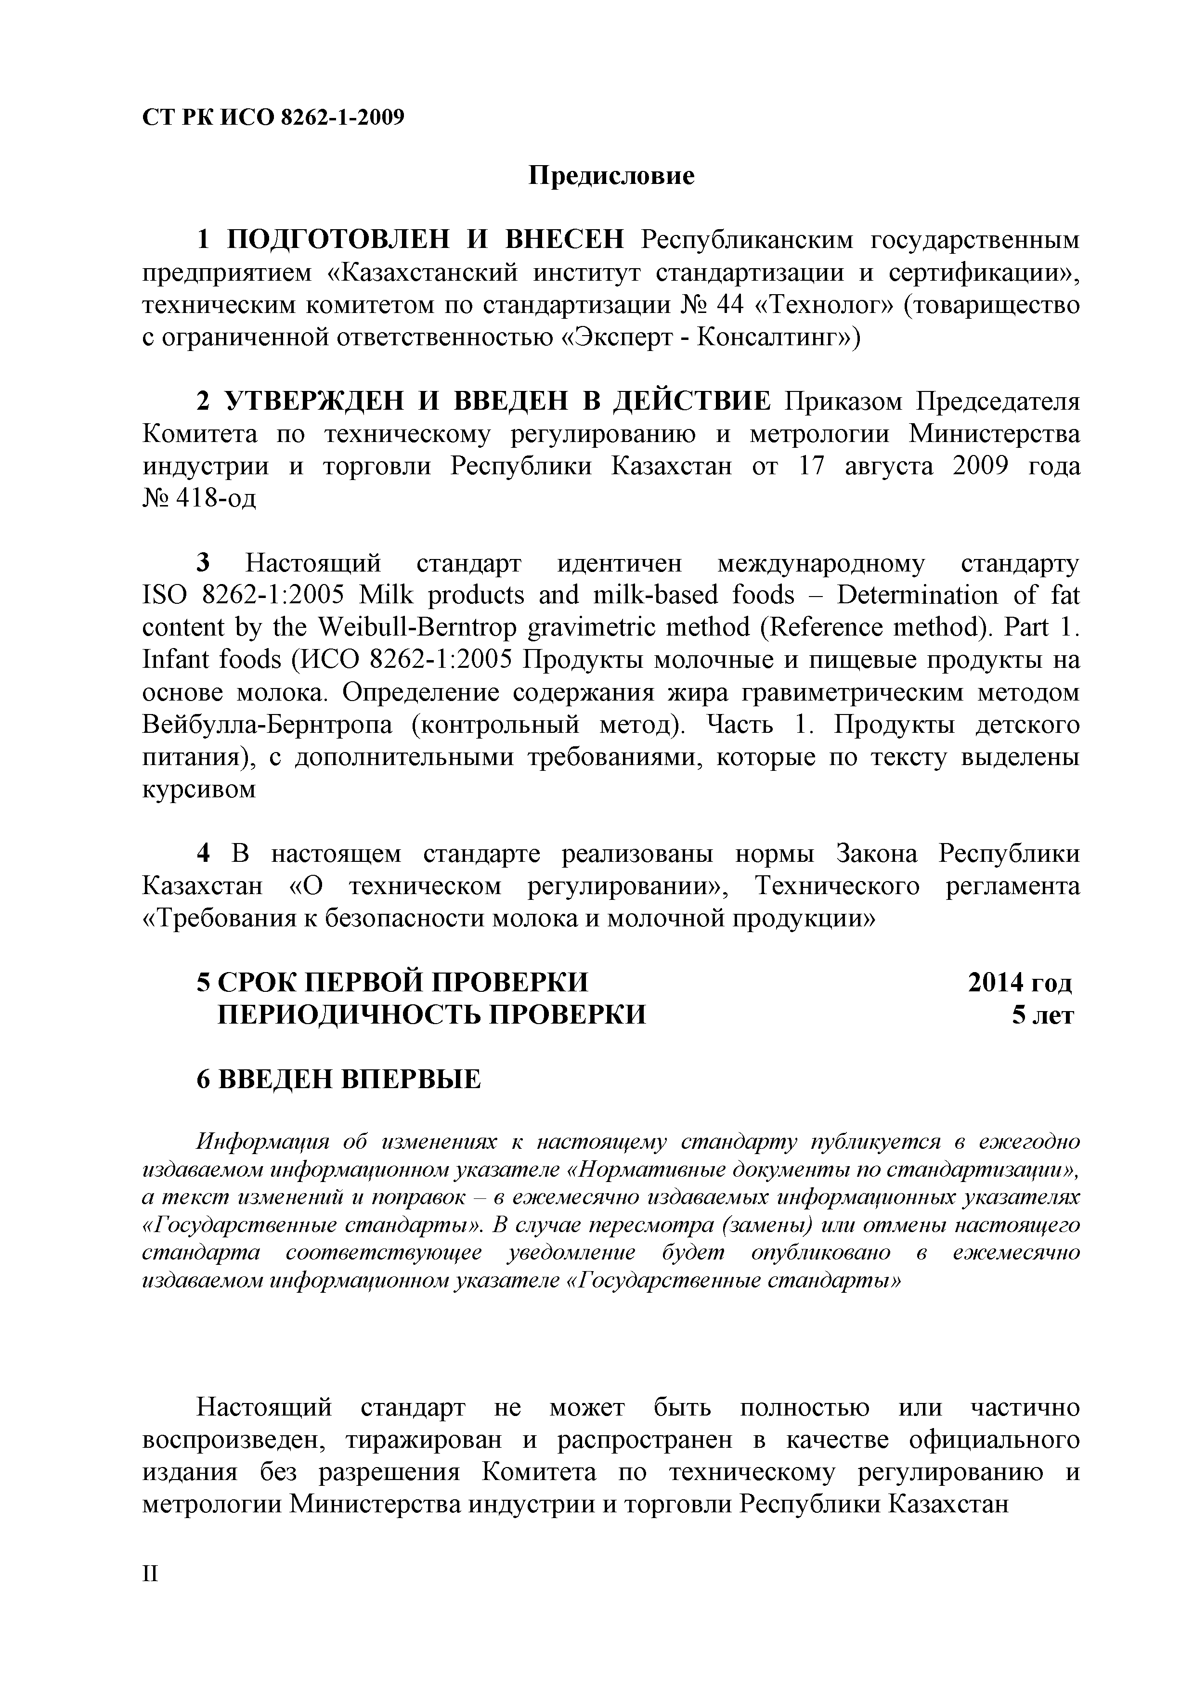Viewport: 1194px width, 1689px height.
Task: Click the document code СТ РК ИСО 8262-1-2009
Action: click(273, 117)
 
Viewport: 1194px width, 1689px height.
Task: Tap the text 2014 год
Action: click(1020, 982)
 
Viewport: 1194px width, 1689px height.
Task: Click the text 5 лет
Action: click(1042, 1015)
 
